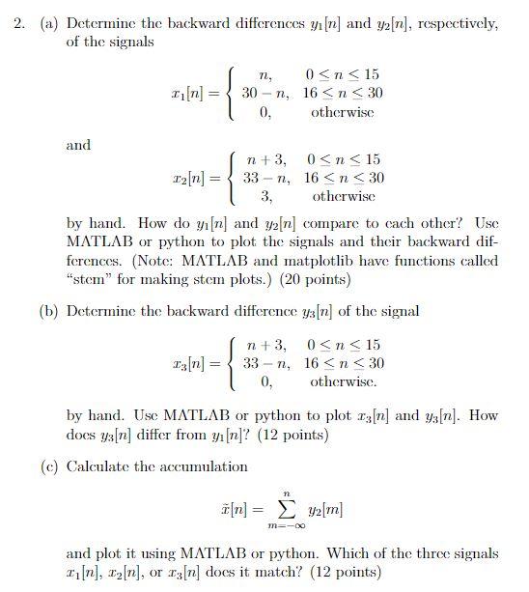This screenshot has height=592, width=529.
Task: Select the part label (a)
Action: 50,22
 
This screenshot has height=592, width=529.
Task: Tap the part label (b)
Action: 50,310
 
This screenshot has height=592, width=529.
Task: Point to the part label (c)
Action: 50,466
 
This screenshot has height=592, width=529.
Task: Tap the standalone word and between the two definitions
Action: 78,145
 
